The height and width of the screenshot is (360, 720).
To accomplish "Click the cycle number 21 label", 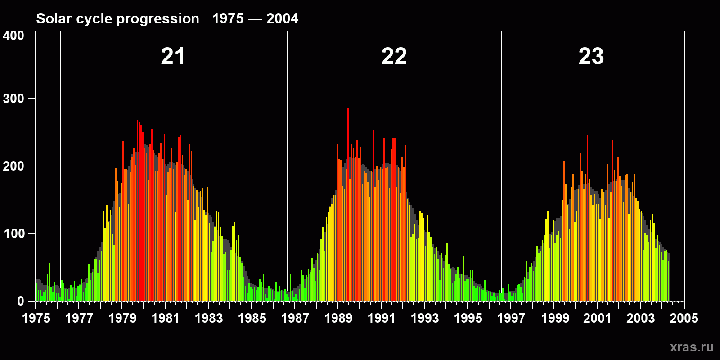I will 173,57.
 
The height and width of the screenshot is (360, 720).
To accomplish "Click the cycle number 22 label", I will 394,57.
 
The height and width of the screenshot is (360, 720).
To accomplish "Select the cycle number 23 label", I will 591,57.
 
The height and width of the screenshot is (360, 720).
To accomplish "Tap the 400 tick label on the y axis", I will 13,36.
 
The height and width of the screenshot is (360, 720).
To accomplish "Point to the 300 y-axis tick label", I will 13,99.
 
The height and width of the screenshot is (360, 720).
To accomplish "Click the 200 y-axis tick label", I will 13,166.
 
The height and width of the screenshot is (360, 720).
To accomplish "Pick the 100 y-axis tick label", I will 13,234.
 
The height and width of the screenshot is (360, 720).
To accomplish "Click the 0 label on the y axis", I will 21,301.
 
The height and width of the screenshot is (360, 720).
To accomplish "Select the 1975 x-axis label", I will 36,319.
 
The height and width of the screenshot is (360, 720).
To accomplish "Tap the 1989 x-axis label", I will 338,319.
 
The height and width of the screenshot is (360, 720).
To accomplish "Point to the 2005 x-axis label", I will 684,319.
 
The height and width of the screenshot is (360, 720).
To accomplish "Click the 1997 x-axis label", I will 511,319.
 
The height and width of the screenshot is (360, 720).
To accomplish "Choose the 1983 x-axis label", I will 209,319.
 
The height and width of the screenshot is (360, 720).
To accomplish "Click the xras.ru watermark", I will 692,347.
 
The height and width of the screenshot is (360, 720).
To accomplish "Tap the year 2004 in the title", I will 282,18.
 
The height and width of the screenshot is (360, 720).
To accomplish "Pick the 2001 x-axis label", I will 598,319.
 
